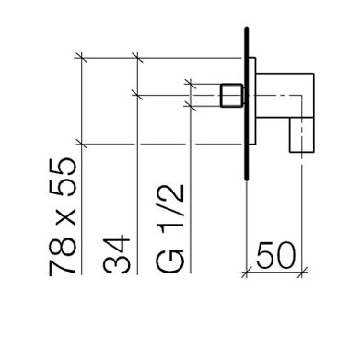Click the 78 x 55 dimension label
(x=63, y=215)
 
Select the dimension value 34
(x=117, y=254)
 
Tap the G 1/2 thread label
(x=170, y=229)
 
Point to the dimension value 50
(x=275, y=255)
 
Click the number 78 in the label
(x=63, y=255)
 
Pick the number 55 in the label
(x=63, y=177)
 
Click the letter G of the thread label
(x=170, y=261)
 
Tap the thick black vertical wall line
(x=246, y=103)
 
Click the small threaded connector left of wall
(x=231, y=95)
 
